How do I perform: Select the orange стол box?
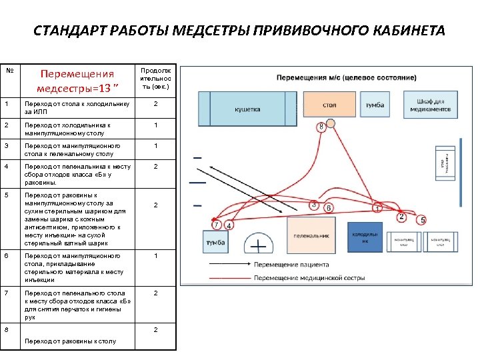click(x=329, y=105)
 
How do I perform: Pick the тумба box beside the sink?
click(x=215, y=242)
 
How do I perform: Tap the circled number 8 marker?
click(x=321, y=126)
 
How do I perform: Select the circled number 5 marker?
click(x=422, y=220)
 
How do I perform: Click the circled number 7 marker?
click(x=217, y=225)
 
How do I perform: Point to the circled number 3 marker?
click(x=314, y=205)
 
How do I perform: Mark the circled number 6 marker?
click(x=329, y=209)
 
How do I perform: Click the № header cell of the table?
click(x=9, y=70)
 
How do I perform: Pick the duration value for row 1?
click(x=155, y=104)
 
